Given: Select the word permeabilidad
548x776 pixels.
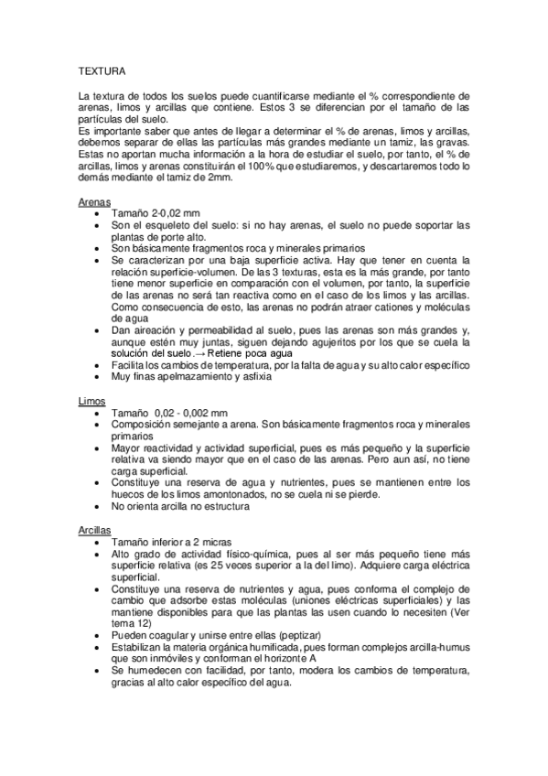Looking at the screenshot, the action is (x=231, y=329).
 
